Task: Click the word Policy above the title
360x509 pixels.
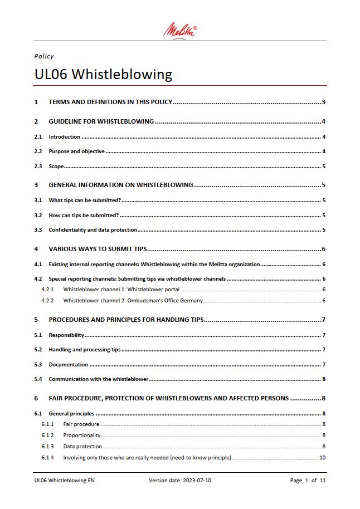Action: [44, 56]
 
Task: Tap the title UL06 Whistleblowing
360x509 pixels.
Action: [103, 74]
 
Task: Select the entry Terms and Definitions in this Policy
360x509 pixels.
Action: [111, 102]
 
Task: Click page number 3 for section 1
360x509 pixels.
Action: [323, 102]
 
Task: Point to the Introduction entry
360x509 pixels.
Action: [64, 137]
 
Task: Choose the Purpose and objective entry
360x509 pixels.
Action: [77, 151]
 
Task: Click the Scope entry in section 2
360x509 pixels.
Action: [56, 167]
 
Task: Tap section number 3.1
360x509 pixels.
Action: [38, 200]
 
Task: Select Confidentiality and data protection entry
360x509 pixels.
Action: [93, 230]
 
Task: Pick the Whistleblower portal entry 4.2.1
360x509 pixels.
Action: [121, 290]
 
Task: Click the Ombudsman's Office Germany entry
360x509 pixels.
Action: [133, 301]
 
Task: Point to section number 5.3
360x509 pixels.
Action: [38, 365]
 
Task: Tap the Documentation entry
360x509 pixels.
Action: [68, 365]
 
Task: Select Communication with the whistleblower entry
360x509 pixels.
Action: [98, 379]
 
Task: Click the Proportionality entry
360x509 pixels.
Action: [82, 435]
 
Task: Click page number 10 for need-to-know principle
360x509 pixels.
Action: [322, 458]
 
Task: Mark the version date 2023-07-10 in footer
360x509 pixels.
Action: [179, 480]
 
